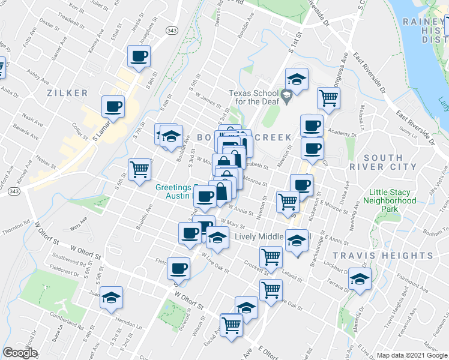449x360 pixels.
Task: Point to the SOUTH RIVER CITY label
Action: point(391,162)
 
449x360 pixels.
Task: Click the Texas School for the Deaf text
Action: point(253,97)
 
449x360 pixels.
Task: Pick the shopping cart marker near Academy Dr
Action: point(328,98)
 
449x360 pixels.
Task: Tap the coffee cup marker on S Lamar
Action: point(113,107)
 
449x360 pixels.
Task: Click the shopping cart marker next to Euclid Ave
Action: point(231,325)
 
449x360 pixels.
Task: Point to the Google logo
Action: point(20,353)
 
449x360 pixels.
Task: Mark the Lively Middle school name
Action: point(258,236)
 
